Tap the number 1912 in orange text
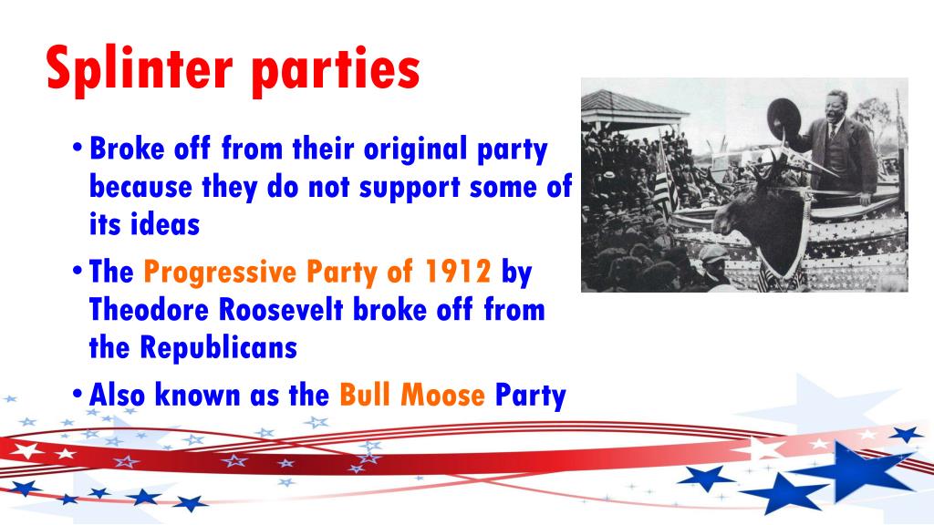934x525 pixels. pos(458,271)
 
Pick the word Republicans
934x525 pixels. pos(219,347)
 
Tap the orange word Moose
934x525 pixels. pos(440,396)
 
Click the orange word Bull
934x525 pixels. pos(364,396)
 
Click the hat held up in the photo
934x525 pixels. pos(784,118)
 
